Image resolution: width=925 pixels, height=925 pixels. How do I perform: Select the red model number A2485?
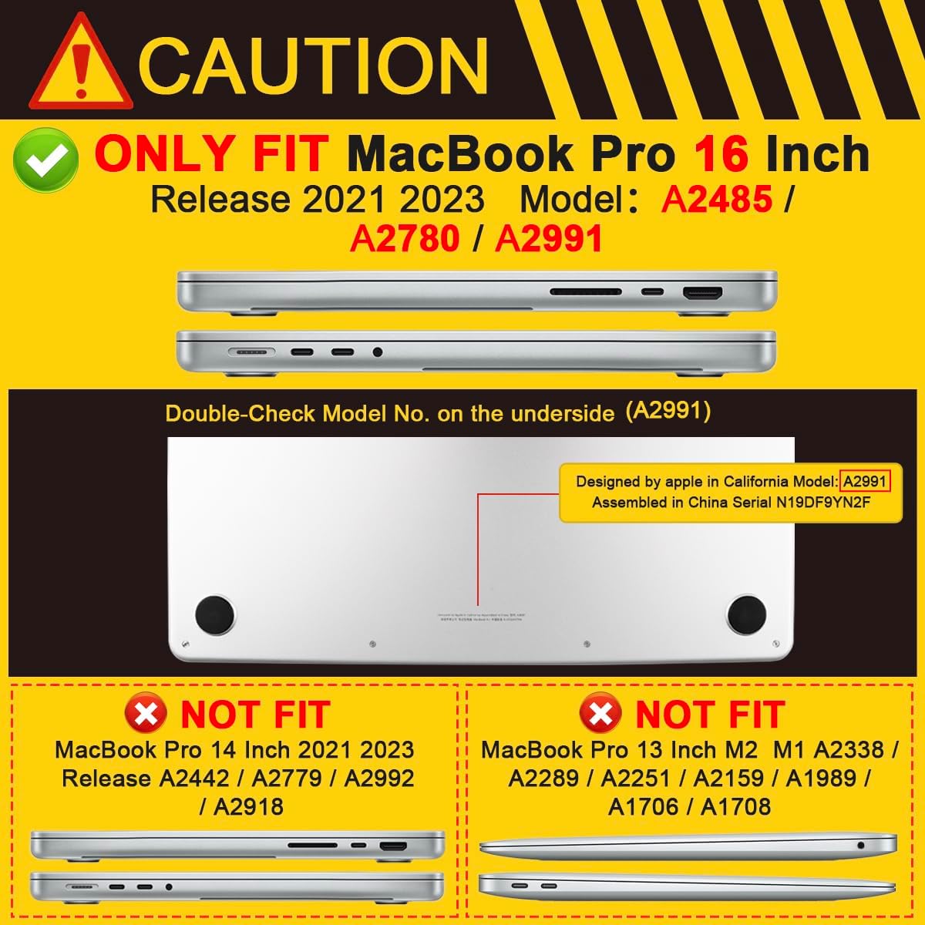pyautogui.click(x=717, y=200)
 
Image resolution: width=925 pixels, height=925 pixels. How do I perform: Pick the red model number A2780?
pyautogui.click(x=405, y=239)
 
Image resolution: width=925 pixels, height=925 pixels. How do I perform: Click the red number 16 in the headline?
pyautogui.click(x=721, y=154)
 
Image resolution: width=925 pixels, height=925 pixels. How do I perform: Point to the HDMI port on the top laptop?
pyautogui.click(x=702, y=294)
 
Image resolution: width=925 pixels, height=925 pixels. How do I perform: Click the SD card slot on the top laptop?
pyautogui.click(x=585, y=293)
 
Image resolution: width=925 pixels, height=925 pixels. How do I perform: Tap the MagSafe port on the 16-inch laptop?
pyautogui.click(x=251, y=352)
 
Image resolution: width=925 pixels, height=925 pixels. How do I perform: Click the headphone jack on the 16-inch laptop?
pyautogui.click(x=377, y=352)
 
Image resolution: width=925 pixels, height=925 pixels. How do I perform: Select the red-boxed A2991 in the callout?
pyautogui.click(x=866, y=482)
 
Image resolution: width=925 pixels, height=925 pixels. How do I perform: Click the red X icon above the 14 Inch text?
pyautogui.click(x=146, y=714)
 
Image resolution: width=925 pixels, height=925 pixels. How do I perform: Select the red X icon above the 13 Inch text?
pyautogui.click(x=601, y=714)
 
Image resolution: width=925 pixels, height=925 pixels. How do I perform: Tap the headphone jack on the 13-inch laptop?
pyautogui.click(x=860, y=846)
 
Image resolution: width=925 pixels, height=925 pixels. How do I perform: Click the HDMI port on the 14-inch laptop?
pyautogui.click(x=393, y=846)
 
